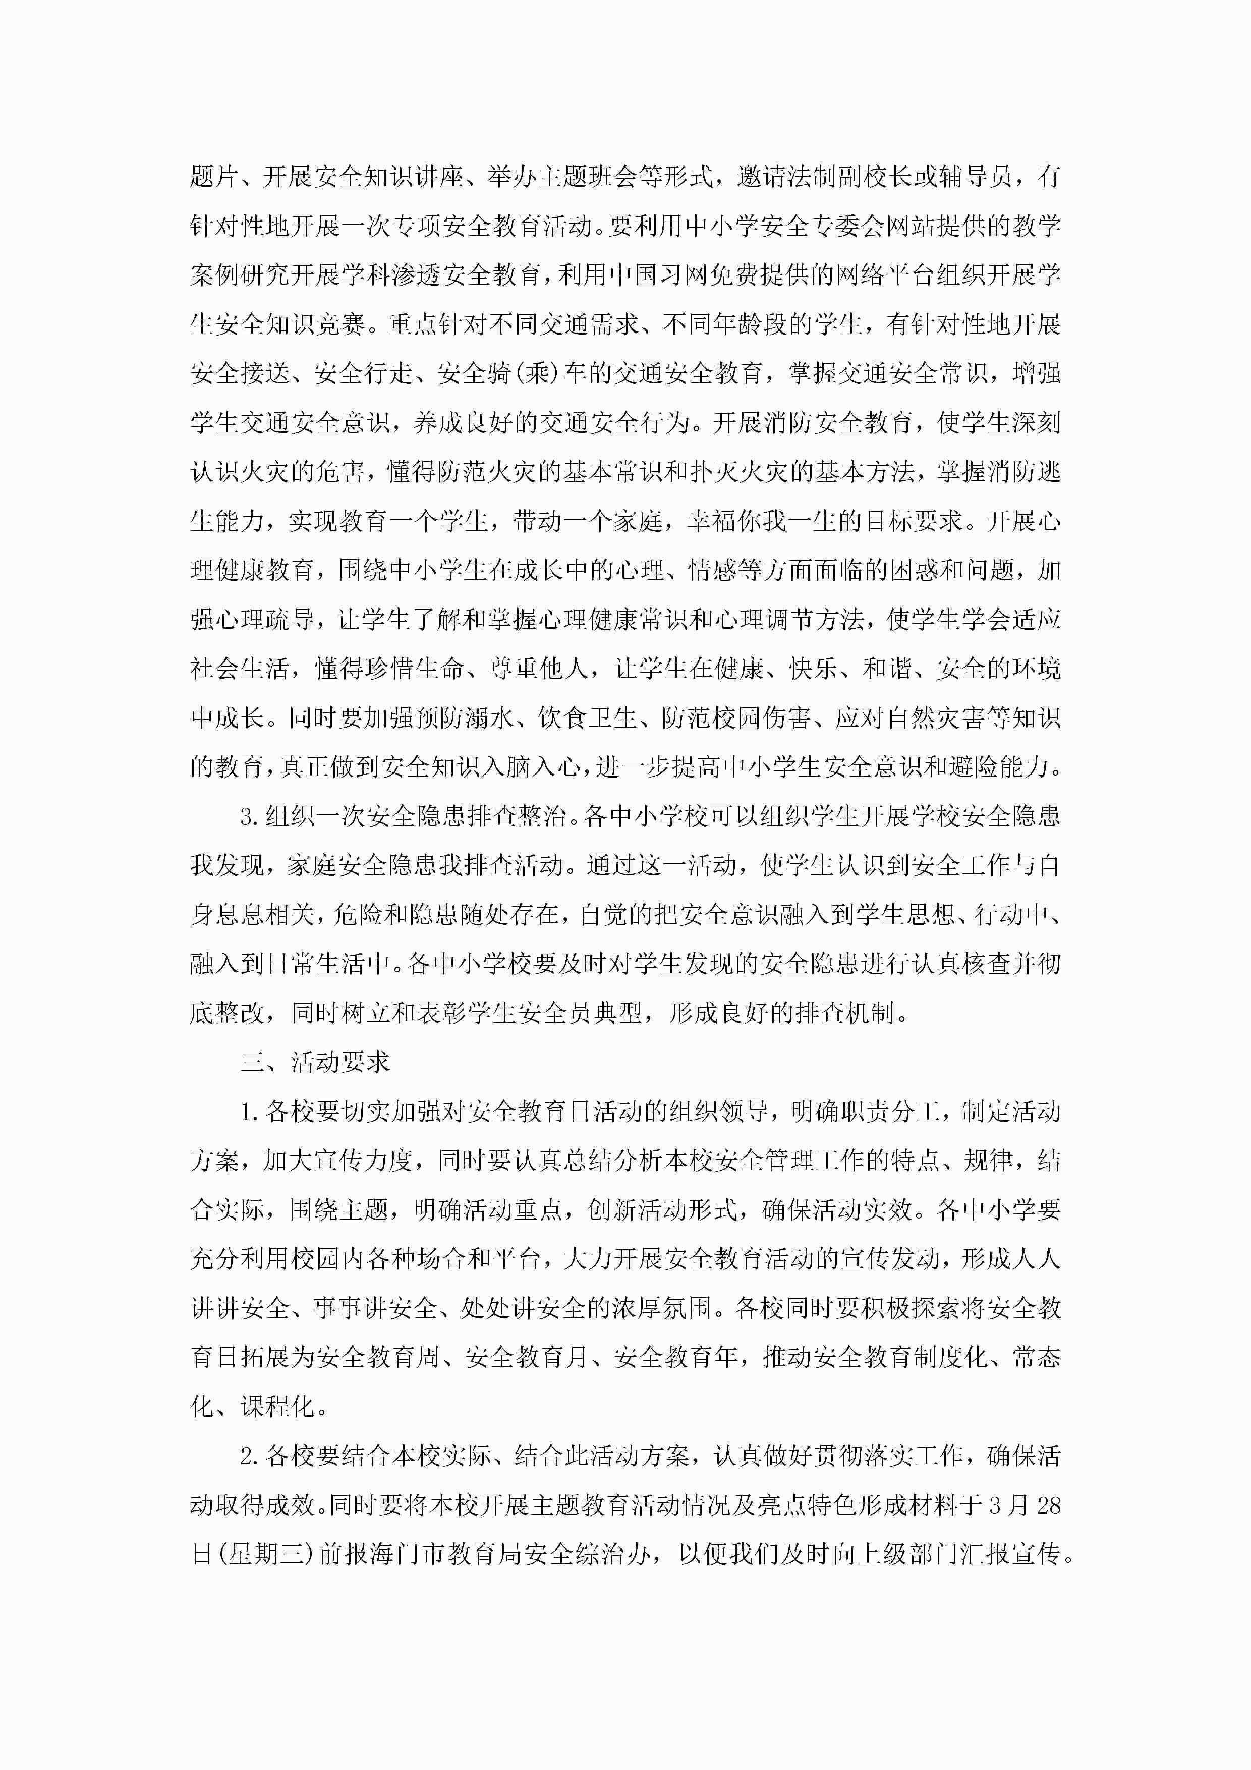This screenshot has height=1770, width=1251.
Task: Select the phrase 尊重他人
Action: pyautogui.click(x=540, y=669)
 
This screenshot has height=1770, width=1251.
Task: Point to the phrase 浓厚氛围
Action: pyautogui.click(x=662, y=1309)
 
